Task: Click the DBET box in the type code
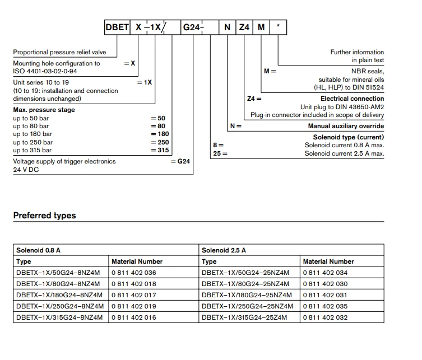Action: (x=118, y=27)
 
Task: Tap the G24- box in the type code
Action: (x=192, y=27)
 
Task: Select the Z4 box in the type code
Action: (x=244, y=27)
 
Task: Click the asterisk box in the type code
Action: (x=278, y=27)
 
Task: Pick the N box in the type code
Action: (x=227, y=27)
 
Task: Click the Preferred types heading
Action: (x=44, y=216)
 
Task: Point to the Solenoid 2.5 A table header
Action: (x=224, y=250)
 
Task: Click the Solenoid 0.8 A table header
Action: (x=38, y=250)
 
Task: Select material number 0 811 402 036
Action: (x=134, y=273)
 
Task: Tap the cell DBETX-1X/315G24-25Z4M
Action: (x=244, y=317)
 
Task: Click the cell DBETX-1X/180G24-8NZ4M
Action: (x=59, y=295)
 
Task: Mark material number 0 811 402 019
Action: (x=134, y=306)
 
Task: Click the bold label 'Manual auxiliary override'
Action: (x=346, y=127)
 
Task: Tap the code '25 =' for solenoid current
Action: (x=220, y=153)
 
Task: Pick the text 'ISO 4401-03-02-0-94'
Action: (x=45, y=72)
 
